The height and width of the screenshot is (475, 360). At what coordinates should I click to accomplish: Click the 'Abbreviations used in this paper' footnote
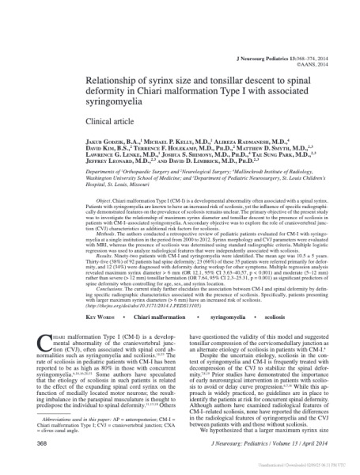point(83,419)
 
